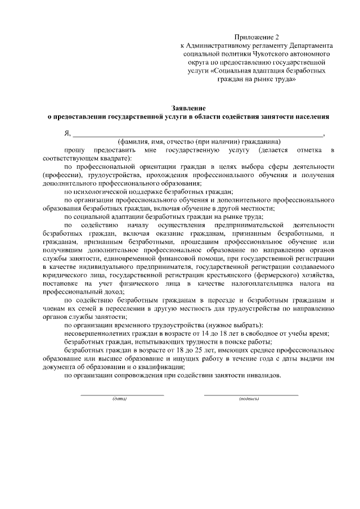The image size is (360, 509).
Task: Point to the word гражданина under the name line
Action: pos(257,142)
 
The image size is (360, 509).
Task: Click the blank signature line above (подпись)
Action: pos(250,395)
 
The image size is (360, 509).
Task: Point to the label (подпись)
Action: pos(249,399)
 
